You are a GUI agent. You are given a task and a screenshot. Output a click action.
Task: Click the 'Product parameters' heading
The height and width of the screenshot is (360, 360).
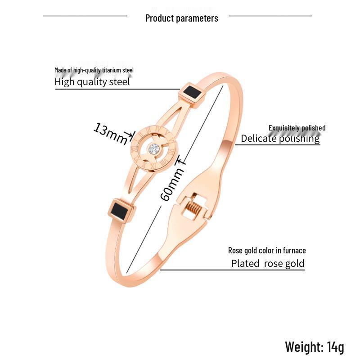pos(182,18)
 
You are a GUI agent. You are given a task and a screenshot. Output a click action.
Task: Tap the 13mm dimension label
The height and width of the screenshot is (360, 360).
pos(111,134)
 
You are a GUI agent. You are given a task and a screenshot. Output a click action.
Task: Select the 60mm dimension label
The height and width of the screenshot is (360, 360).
pos(172,184)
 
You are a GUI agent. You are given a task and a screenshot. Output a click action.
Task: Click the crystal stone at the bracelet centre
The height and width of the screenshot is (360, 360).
pos(153,149)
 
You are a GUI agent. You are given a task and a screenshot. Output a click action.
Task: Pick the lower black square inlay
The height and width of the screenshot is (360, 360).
pos(120,210)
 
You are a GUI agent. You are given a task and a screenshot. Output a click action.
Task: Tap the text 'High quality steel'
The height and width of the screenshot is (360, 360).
pos(92,82)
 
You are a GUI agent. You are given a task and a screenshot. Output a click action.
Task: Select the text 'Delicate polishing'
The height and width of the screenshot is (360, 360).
pos(280,139)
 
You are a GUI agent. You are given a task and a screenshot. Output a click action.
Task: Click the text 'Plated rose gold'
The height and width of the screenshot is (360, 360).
pos(268,264)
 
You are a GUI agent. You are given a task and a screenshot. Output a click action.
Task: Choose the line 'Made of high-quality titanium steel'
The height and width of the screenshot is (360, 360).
pos(94,70)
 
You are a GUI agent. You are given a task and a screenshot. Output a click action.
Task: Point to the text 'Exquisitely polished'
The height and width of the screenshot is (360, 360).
pos(297,128)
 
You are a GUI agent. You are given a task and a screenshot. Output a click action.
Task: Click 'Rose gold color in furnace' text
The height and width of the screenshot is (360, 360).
pos(267,251)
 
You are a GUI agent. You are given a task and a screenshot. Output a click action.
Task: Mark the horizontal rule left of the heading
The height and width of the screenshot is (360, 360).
pos(85,16)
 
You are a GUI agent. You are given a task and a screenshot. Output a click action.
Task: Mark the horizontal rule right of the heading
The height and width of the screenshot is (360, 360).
pos(270,16)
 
